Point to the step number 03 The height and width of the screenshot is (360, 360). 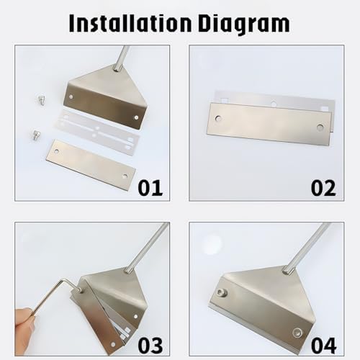(149, 344)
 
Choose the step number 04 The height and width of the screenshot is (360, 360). (323, 344)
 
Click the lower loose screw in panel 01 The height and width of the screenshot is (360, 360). (35, 134)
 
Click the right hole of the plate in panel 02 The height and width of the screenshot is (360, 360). (320, 127)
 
